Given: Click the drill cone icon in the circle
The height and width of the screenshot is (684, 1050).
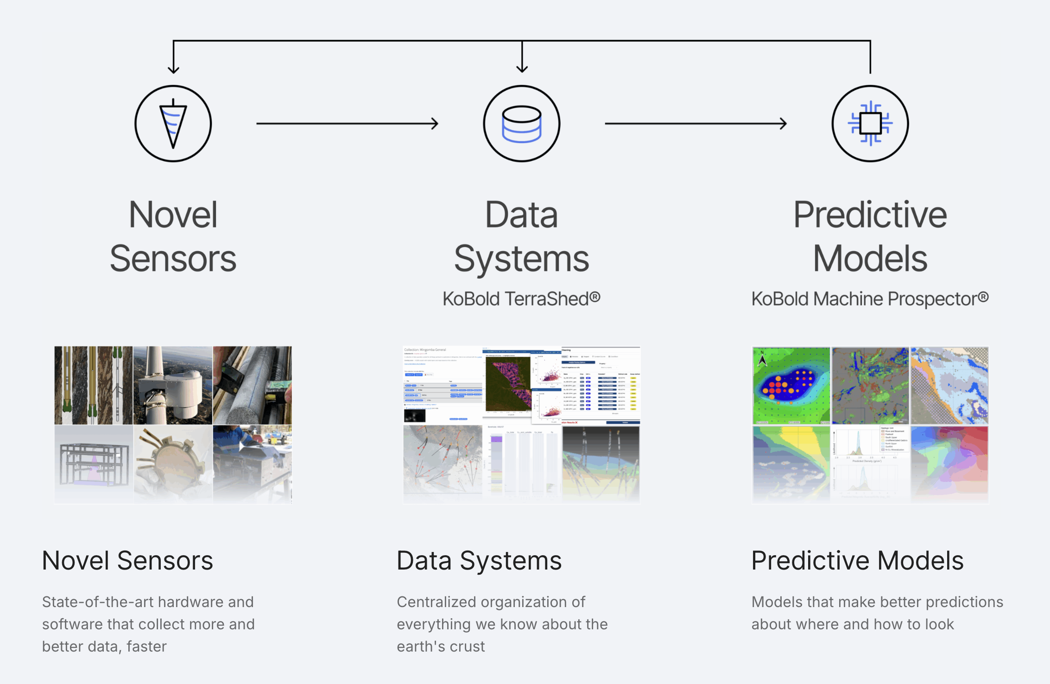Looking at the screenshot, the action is (x=173, y=124).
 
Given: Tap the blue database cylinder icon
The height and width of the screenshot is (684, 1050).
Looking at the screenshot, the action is (x=522, y=124).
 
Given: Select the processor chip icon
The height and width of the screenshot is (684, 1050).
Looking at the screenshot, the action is (x=870, y=124).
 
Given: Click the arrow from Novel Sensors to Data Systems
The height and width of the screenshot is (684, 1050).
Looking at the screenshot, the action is (x=347, y=124).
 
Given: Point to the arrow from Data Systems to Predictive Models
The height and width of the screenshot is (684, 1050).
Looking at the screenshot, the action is (x=696, y=124).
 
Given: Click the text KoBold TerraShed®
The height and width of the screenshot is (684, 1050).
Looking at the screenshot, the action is (x=521, y=299).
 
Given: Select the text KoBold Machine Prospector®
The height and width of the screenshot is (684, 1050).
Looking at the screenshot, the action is (x=870, y=299).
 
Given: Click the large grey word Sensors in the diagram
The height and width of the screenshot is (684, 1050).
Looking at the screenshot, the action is (x=173, y=259).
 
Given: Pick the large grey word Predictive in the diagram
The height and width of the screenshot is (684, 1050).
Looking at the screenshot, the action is (x=870, y=215).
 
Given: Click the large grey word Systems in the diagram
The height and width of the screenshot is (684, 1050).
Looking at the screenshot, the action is (x=522, y=259).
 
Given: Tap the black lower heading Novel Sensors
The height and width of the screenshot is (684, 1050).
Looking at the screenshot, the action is (x=127, y=561).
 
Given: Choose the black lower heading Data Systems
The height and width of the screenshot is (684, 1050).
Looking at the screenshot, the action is (x=479, y=561).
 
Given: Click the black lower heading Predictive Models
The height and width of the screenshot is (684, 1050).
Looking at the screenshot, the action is (x=857, y=561).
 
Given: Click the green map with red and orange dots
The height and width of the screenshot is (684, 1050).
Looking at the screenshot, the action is (x=791, y=386).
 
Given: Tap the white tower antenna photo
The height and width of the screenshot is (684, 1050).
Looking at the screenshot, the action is (x=172, y=386).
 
